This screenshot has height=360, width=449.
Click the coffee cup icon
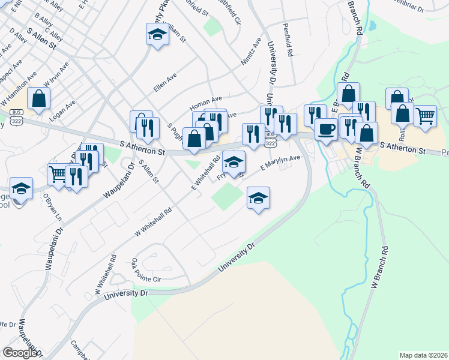(x=326, y=129)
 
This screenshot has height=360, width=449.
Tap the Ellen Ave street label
(x=165, y=83)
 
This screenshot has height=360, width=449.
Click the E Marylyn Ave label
(x=280, y=163)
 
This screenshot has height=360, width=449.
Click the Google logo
(x=20, y=353)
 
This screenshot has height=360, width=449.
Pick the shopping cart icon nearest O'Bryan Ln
(x=58, y=174)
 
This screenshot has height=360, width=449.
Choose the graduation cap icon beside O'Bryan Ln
(x=21, y=188)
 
